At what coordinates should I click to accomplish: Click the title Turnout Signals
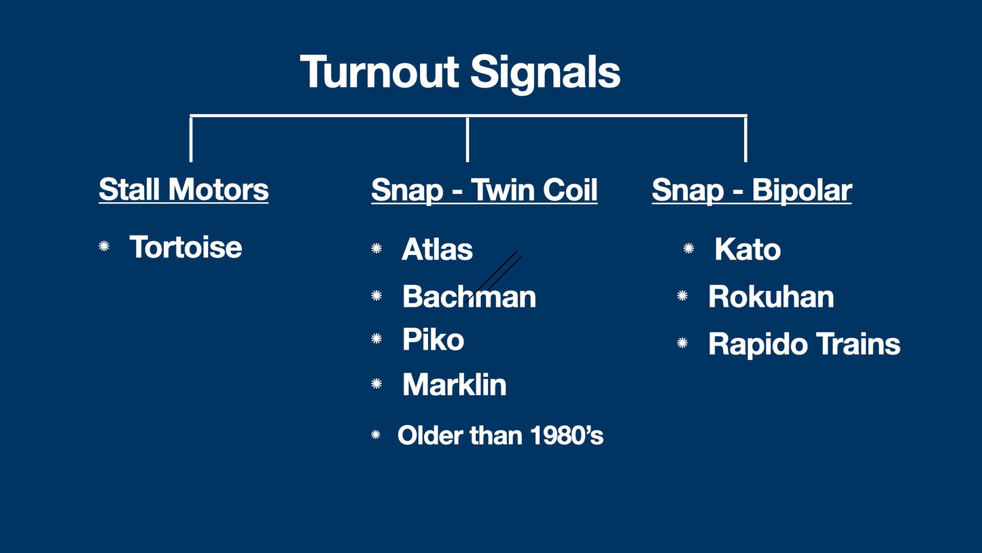coord(460,71)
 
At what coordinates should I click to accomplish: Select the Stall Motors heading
coord(183,189)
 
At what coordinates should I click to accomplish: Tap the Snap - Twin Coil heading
coord(484,190)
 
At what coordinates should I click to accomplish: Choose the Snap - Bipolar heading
coord(751,190)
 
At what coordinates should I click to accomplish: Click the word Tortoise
coord(186,247)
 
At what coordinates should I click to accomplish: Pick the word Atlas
coord(437,249)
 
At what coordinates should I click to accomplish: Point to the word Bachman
coord(469,297)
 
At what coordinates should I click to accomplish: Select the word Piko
coord(433,339)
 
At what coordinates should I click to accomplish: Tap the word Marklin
coord(454,385)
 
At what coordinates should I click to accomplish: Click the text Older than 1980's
coord(500,435)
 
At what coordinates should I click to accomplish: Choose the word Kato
coord(748,250)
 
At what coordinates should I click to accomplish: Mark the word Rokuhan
coord(771,297)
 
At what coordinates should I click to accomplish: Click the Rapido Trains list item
coord(804,344)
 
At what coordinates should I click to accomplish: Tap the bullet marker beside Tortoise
coord(104,246)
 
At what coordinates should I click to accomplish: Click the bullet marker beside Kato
coord(688,249)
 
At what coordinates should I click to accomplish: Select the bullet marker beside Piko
coord(376,339)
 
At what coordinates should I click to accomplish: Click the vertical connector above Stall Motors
coord(191,139)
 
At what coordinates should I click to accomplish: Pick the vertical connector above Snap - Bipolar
coord(746,139)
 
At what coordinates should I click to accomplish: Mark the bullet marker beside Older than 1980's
coord(376,435)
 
